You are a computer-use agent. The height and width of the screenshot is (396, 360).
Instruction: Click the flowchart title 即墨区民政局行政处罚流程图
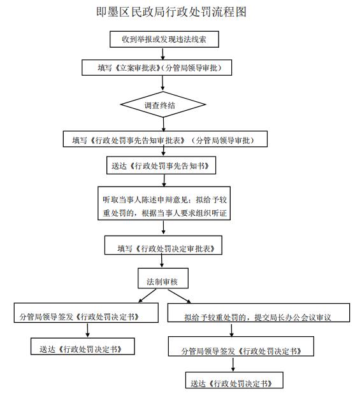coord(171,12)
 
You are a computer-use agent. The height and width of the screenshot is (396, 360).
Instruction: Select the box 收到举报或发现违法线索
coord(164,39)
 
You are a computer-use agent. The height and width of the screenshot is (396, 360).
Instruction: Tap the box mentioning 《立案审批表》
coord(157,67)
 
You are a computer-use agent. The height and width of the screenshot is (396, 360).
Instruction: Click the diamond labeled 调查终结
coord(163,104)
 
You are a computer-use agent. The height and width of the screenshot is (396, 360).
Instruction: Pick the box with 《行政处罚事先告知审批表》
coord(165,139)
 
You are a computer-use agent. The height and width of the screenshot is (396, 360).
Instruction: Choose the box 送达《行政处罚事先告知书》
coord(161,165)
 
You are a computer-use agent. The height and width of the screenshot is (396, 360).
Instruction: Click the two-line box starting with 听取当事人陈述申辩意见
coord(164,203)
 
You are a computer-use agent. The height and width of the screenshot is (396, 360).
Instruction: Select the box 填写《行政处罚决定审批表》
coord(163,245)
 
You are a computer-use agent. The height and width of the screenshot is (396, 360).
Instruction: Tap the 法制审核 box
coord(163,278)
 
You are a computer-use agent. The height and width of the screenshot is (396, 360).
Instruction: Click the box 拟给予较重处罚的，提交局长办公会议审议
coord(259,313)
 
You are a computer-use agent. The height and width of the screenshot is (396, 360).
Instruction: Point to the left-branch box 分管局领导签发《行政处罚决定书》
coord(86,313)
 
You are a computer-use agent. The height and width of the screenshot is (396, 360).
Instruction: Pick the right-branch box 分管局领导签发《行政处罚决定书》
coord(241,346)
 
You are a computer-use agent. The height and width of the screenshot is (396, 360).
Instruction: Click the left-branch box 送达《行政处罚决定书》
coord(83,346)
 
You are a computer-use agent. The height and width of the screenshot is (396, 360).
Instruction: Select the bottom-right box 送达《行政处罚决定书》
coord(234,380)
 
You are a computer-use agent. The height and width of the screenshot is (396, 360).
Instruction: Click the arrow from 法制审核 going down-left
coord(147,296)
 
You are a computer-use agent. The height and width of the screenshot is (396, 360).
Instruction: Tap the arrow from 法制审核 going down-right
coord(180,296)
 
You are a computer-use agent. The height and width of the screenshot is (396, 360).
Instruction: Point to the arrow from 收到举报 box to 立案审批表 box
coord(163,53)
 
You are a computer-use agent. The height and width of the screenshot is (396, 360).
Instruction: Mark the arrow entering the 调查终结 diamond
coord(162,83)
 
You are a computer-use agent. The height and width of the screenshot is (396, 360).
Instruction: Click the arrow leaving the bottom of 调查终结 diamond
coord(163,124)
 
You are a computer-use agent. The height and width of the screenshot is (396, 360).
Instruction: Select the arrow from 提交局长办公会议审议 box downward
coord(231,329)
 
